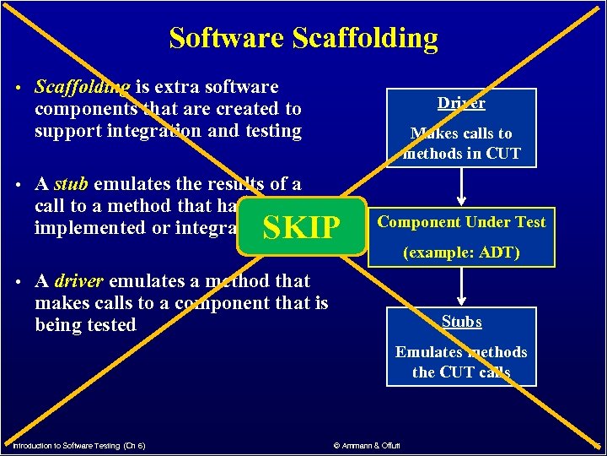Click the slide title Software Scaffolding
click(x=303, y=38)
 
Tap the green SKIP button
click(x=302, y=227)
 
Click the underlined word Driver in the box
click(x=461, y=103)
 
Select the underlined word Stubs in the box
click(x=462, y=321)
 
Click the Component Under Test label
click(x=461, y=222)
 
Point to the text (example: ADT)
click(x=461, y=252)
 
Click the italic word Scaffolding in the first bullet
click(x=82, y=87)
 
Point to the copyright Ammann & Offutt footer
click(x=368, y=445)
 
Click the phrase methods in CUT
click(x=461, y=154)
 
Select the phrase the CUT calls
click(x=461, y=372)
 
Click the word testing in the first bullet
click(x=271, y=131)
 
